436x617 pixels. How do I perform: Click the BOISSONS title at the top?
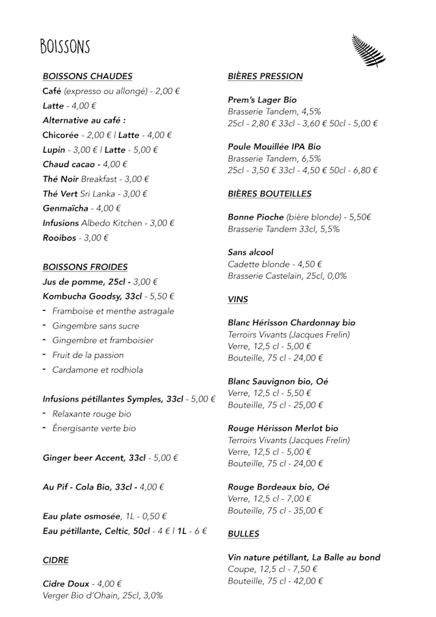[65, 46]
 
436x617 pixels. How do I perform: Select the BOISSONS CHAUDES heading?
[87, 76]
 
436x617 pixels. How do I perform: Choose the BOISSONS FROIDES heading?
[85, 267]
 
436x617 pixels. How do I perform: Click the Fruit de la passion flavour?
[88, 355]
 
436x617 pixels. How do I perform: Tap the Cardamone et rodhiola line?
[97, 370]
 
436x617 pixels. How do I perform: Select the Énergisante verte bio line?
[94, 428]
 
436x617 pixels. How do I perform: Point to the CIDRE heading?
[55, 560]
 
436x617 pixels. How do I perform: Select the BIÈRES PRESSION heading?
[265, 76]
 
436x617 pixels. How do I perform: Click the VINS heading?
[238, 299]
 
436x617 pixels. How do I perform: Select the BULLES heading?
[243, 534]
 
